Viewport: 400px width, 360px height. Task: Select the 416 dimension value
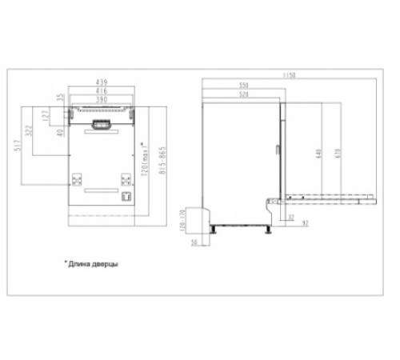pos(102,92)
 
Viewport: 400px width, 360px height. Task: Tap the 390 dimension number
pos(102,100)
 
